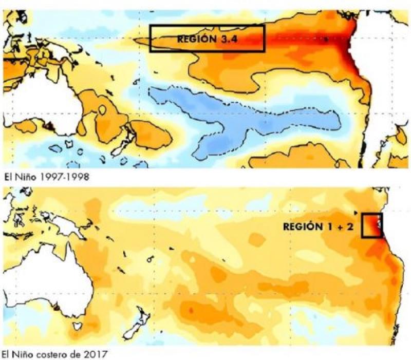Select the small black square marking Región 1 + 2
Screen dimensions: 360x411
[372, 225]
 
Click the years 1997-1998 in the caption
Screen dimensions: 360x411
[57, 177]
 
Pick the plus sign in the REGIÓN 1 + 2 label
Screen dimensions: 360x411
[341, 226]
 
